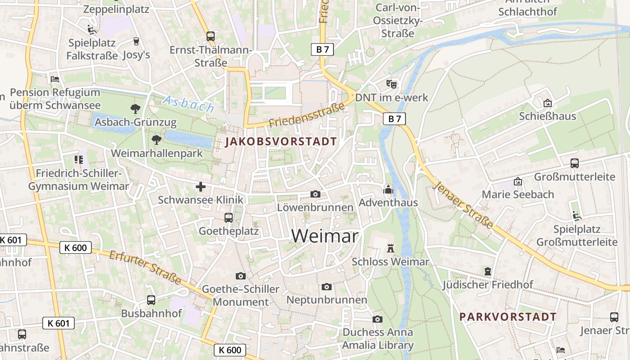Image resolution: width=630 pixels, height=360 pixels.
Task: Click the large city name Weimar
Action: [x=325, y=236]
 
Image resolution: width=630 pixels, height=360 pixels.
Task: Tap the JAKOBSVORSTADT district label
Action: [x=281, y=142]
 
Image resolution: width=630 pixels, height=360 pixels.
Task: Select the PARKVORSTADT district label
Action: [x=508, y=317]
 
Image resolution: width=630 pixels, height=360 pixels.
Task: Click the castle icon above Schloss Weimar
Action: [x=390, y=248]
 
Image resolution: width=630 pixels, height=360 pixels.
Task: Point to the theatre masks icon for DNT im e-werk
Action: [x=391, y=84]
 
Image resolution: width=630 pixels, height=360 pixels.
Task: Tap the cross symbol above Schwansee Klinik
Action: [x=201, y=186]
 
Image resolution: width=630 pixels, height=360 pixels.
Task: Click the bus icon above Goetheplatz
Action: [x=229, y=218]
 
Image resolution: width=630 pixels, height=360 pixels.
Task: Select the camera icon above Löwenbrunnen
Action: [x=315, y=194]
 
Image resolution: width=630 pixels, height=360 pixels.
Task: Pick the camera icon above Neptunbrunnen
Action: [x=327, y=287]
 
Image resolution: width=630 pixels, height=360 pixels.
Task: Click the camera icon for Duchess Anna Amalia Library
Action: [x=378, y=319]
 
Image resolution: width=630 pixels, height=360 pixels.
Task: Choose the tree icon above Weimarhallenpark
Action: [x=157, y=139]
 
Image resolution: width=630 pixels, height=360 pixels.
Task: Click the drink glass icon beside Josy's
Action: [x=136, y=41]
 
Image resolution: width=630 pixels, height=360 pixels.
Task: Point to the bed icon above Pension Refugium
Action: [x=55, y=79]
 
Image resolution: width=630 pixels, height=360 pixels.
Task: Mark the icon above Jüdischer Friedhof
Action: [x=487, y=271]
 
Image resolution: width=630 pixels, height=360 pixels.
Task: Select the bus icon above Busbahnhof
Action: [x=151, y=300]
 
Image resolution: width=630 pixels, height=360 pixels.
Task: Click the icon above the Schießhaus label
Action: [x=547, y=103]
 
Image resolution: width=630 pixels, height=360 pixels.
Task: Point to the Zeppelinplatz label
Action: [x=116, y=9]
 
